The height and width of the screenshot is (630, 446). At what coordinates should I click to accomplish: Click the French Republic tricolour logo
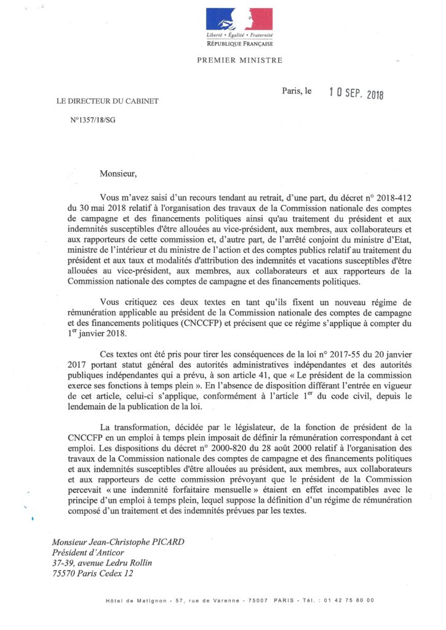pos(239,19)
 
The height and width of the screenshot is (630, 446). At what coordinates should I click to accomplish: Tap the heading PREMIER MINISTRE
pos(239,60)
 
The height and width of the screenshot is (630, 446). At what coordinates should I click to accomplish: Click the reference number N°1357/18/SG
pos(92,121)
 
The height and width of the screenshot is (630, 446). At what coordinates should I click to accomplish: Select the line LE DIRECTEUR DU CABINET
pos(107,101)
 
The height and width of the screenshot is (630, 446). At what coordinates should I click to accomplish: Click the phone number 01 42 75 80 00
pos(350,600)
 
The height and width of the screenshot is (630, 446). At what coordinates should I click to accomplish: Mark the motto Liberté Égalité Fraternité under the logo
pos(239,38)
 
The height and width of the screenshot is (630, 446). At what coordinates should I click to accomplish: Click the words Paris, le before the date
pos(297,91)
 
